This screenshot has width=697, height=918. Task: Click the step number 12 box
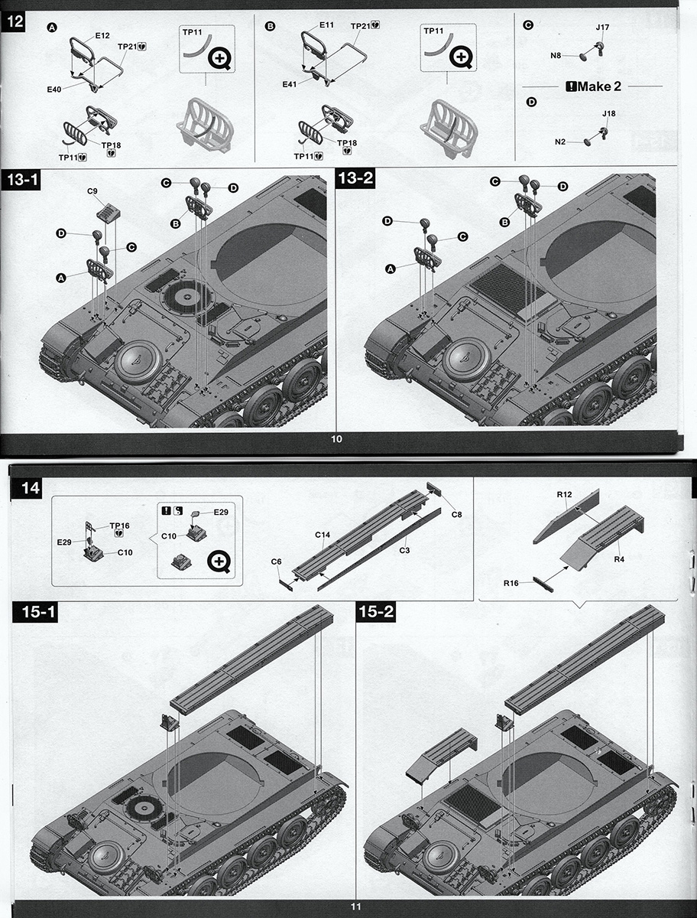click(15, 21)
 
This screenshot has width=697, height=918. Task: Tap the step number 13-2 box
click(355, 178)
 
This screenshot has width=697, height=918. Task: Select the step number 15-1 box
click(35, 612)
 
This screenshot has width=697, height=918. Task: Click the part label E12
click(102, 35)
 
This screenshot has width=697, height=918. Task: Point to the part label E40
click(54, 89)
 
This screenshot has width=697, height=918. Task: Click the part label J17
click(602, 28)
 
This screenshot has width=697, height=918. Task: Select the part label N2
click(560, 142)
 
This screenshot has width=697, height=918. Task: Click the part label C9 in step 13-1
click(92, 191)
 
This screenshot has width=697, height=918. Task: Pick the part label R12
click(564, 494)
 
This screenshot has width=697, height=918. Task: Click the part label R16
click(511, 583)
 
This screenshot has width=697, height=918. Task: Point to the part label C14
click(323, 535)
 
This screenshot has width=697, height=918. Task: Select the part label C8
click(457, 514)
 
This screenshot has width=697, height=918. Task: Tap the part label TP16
click(119, 526)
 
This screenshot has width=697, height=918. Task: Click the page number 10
click(336, 438)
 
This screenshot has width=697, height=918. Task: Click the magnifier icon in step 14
click(219, 562)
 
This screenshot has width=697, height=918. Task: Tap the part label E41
click(290, 84)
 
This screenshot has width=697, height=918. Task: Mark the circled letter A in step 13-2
click(391, 269)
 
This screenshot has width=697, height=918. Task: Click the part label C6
click(277, 562)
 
